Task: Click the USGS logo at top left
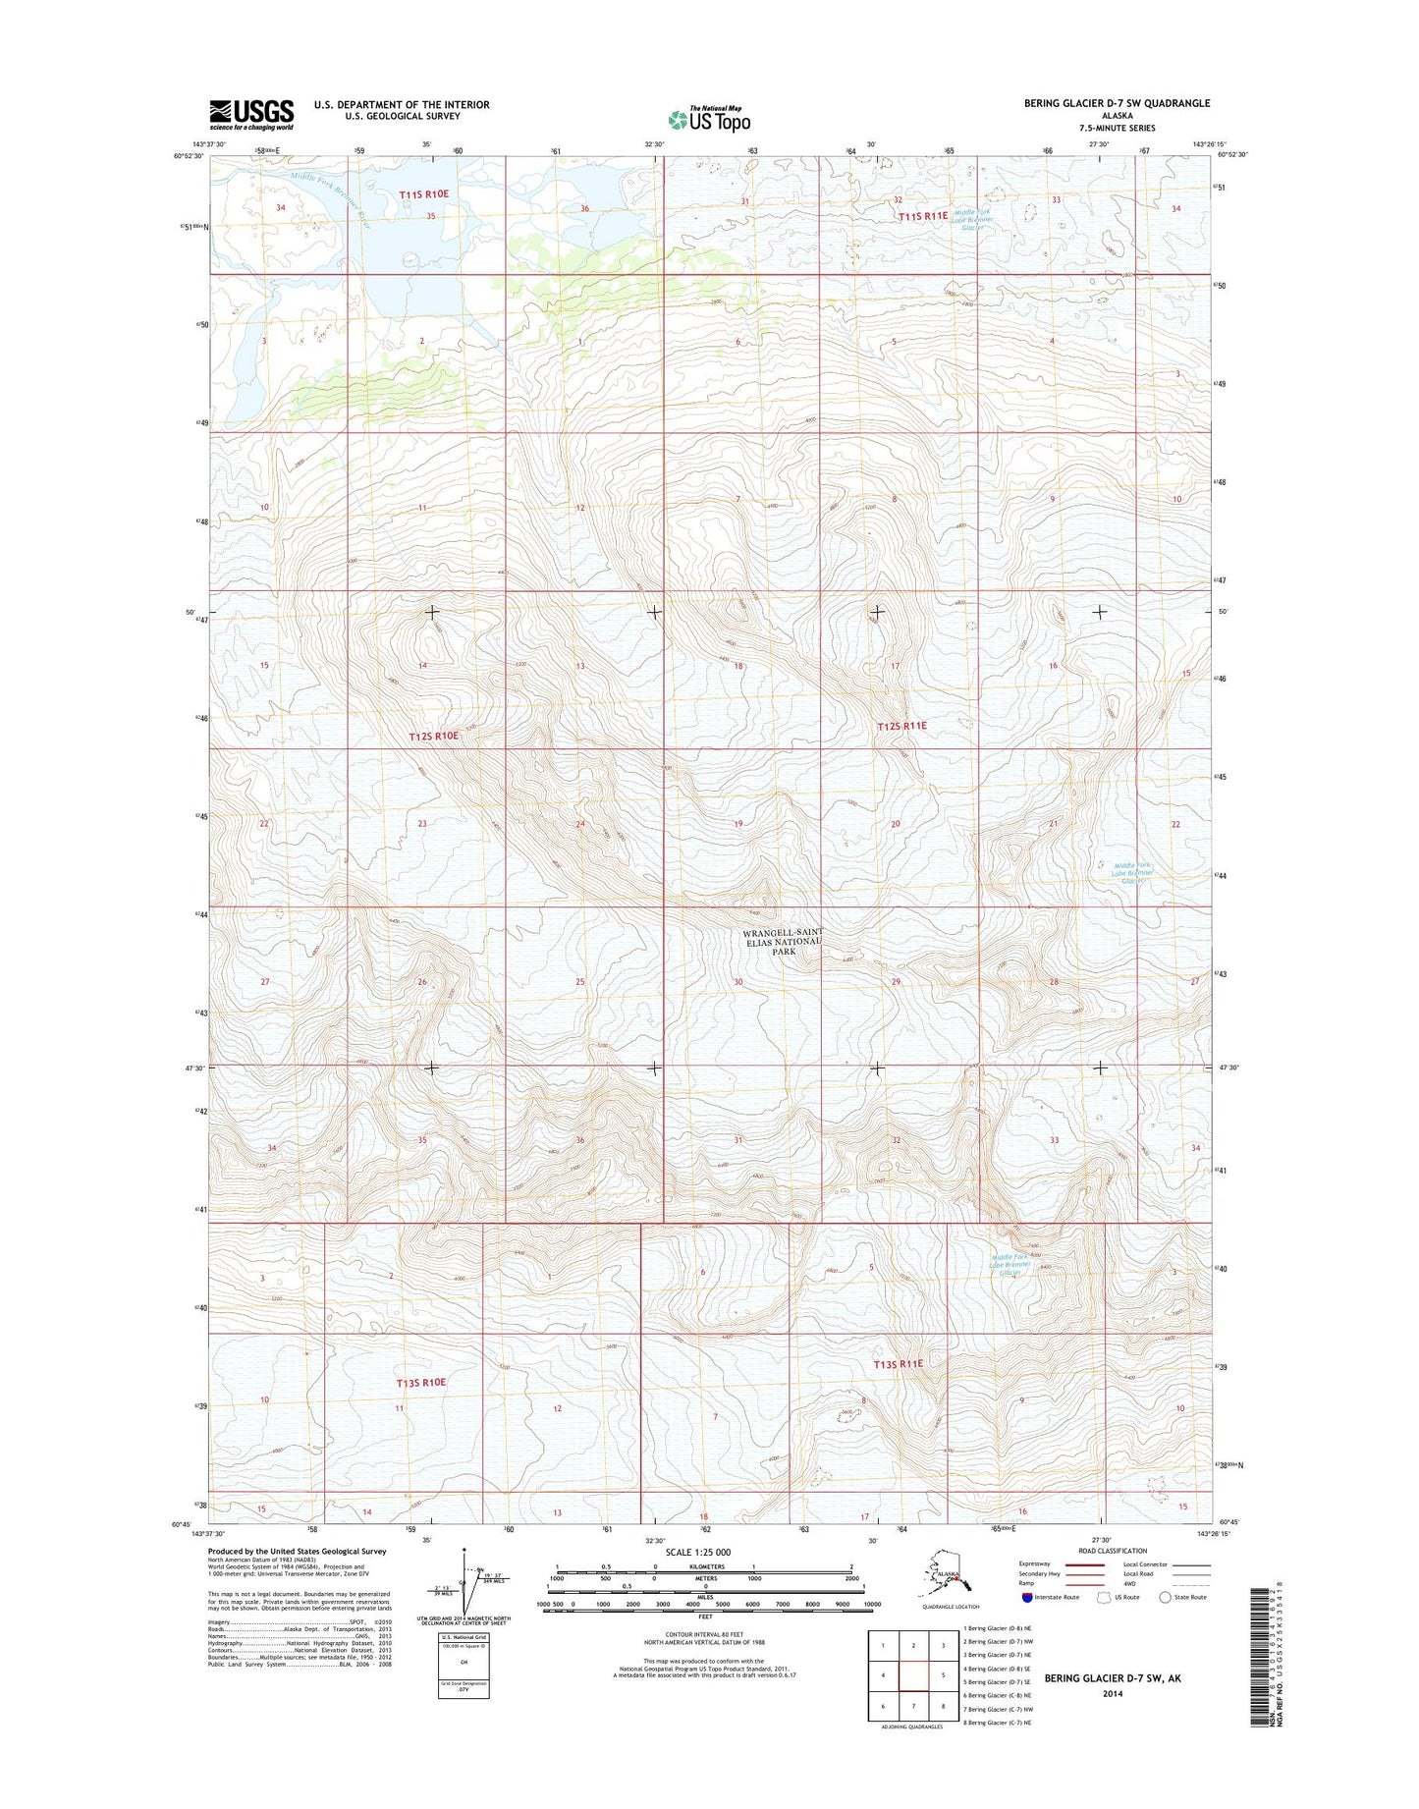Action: coord(250,114)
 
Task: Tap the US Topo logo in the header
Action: coord(709,119)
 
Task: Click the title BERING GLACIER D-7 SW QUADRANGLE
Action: coord(1117,103)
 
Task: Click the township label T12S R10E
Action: coord(433,736)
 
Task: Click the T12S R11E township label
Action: coord(901,726)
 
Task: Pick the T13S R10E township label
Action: coord(420,1382)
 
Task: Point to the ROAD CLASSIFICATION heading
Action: coord(1112,1551)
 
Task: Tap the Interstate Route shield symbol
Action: coord(1026,1597)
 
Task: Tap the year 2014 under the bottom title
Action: coord(1113,1694)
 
